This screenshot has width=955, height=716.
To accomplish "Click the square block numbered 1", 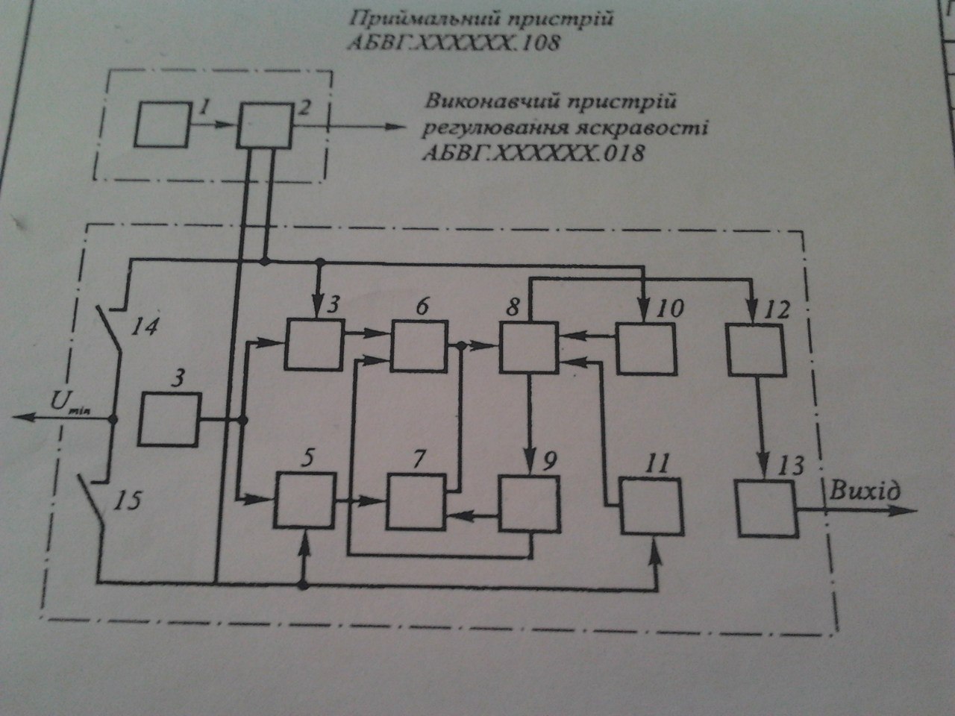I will (x=163, y=125).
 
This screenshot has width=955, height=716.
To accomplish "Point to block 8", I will (x=529, y=346).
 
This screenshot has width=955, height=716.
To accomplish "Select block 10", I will (x=646, y=348).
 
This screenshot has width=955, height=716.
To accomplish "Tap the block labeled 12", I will (x=757, y=350).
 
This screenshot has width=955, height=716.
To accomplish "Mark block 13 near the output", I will (x=767, y=508).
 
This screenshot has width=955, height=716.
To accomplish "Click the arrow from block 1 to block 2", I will (x=214, y=125).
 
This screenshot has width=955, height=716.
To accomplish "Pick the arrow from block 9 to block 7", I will (x=472, y=513).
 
